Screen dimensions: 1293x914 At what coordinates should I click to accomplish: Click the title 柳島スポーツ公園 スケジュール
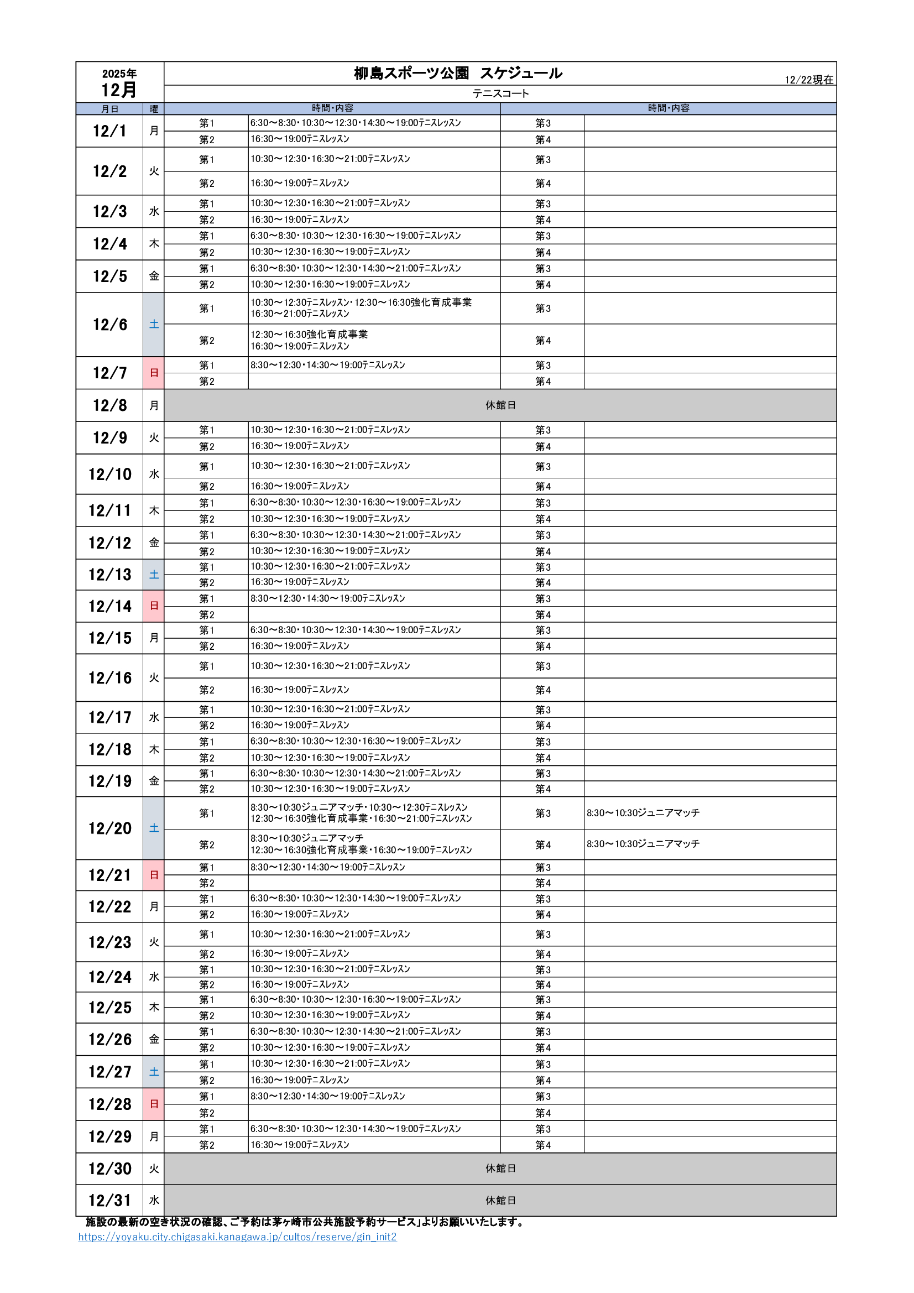click(x=457, y=73)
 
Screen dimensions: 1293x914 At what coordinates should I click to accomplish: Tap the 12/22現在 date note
click(x=809, y=80)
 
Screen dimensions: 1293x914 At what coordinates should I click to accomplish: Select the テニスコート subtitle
click(x=500, y=93)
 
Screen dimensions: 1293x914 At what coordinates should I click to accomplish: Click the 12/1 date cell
click(x=110, y=131)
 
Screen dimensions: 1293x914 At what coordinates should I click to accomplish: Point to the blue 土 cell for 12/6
click(x=154, y=325)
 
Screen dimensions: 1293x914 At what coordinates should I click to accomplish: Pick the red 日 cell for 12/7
click(x=154, y=373)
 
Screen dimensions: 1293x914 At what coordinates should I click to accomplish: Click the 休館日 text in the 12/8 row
click(x=500, y=405)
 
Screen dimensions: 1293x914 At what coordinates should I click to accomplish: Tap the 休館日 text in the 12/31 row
click(x=500, y=1200)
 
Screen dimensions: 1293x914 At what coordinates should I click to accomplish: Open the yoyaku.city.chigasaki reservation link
click(x=237, y=1237)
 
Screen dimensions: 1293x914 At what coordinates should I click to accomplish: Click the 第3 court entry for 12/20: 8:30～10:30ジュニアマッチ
click(x=643, y=812)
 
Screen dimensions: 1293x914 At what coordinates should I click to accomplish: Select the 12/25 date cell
click(x=110, y=1008)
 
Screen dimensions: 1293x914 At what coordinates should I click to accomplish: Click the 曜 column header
click(x=154, y=109)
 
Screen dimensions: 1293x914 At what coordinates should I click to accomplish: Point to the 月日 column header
click(x=110, y=109)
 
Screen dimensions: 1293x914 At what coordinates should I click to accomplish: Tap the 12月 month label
click(x=119, y=90)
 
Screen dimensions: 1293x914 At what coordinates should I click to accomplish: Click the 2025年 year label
click(x=119, y=74)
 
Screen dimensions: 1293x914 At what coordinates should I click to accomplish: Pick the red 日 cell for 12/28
click(x=154, y=1104)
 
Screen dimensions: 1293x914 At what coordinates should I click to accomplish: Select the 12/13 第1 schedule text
click(x=330, y=566)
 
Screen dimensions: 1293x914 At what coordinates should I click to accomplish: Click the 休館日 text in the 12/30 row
click(x=500, y=1169)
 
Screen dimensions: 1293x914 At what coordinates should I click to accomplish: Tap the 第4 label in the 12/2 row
click(x=542, y=184)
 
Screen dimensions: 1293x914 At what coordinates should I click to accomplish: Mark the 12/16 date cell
click(x=110, y=677)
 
